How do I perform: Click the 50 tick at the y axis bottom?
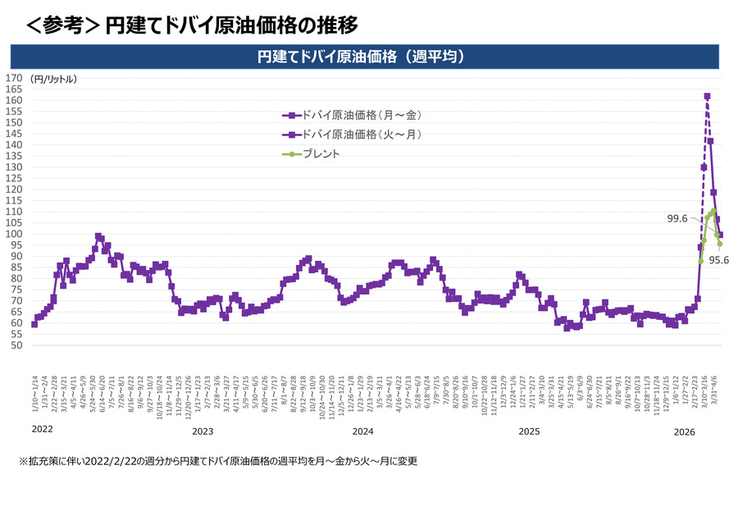[16, 345]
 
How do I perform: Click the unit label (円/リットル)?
[53, 80]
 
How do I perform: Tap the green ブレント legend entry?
[320, 153]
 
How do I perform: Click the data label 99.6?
[678, 218]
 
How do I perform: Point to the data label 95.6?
[719, 260]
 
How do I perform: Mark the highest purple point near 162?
[707, 96]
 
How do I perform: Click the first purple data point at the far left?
[34, 324]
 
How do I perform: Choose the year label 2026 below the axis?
[686, 431]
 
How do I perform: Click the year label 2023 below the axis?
[203, 431]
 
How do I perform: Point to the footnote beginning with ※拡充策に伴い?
[218, 461]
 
